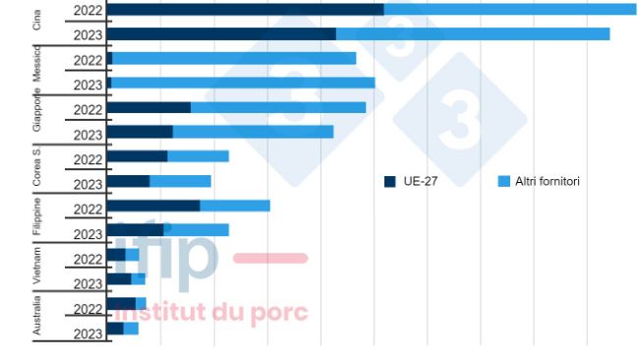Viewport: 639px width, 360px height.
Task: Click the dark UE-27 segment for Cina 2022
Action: pos(245,10)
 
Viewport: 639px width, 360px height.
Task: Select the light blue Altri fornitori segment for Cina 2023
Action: pos(472,34)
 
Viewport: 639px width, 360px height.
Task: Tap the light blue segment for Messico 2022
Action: pos(234,59)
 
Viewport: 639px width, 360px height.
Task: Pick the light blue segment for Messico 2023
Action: pos(243,84)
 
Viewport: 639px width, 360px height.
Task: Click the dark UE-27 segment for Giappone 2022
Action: pos(148,108)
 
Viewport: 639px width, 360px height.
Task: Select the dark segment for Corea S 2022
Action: pos(137,157)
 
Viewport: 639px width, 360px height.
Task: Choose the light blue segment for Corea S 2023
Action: pos(180,182)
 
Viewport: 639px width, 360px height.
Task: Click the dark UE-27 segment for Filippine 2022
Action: pos(152,207)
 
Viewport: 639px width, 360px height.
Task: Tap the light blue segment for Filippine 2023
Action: pos(196,231)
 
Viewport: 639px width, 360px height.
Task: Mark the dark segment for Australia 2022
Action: pos(120,304)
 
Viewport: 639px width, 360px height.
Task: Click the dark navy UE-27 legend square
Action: pos(390,182)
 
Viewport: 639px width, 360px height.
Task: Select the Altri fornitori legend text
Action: pos(547,182)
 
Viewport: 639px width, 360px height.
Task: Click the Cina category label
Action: pos(37,21)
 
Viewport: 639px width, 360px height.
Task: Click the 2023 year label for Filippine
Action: pos(87,234)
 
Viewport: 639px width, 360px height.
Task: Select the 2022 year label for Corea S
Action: pos(87,159)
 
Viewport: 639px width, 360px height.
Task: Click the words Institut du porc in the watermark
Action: pos(211,314)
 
